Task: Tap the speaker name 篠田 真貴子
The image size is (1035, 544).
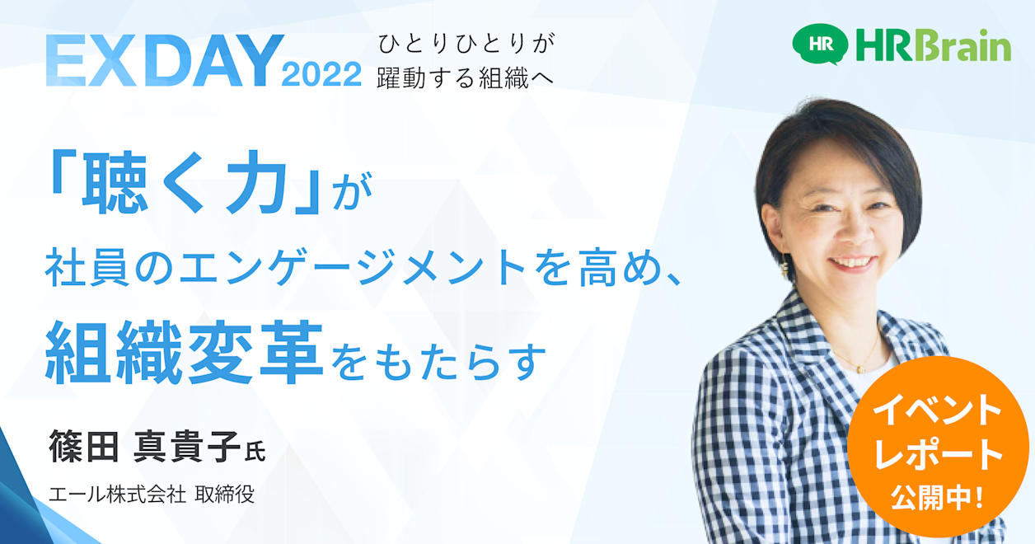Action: [143, 450]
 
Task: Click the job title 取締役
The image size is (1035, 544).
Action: [225, 495]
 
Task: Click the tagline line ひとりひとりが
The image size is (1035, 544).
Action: [464, 43]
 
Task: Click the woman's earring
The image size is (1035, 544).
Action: [775, 269]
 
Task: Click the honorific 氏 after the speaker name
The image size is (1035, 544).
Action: [255, 453]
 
